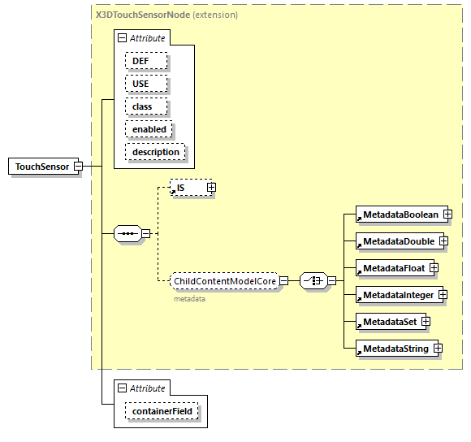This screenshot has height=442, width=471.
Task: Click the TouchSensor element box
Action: [x=42, y=167]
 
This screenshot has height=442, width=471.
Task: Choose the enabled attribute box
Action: [x=149, y=129]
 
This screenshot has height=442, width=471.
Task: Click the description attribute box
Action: [x=155, y=152]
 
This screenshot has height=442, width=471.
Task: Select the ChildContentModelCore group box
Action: [x=225, y=281]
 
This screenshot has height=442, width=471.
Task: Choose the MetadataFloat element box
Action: [x=392, y=267]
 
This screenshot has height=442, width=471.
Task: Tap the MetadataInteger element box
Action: [x=398, y=295]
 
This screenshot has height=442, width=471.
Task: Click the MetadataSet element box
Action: [x=389, y=322]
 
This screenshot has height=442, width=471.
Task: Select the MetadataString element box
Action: [x=395, y=349]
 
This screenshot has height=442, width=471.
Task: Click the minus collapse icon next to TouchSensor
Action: [x=79, y=167]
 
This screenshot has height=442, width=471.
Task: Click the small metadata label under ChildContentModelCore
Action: [x=188, y=299]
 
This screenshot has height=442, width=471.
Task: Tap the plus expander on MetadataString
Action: [x=438, y=349]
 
